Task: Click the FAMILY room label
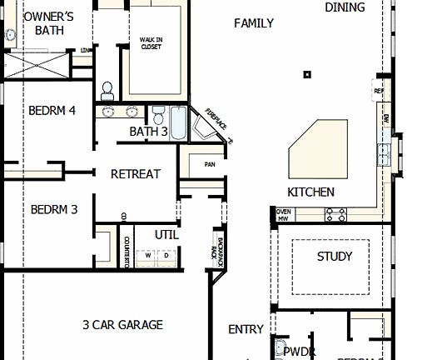tap(253, 23)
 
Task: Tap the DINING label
tap(345, 7)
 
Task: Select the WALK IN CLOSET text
tap(151, 43)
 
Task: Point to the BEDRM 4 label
tap(52, 110)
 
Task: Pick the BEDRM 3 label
tap(54, 209)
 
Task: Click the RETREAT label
tap(136, 173)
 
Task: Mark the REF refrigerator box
tap(379, 91)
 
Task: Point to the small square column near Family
tap(307, 75)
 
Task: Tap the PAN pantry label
tap(210, 164)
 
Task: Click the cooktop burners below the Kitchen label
tap(335, 214)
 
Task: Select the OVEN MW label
tap(283, 214)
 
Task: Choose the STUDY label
tap(335, 257)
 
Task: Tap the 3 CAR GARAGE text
tap(122, 324)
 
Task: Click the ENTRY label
tap(246, 330)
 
